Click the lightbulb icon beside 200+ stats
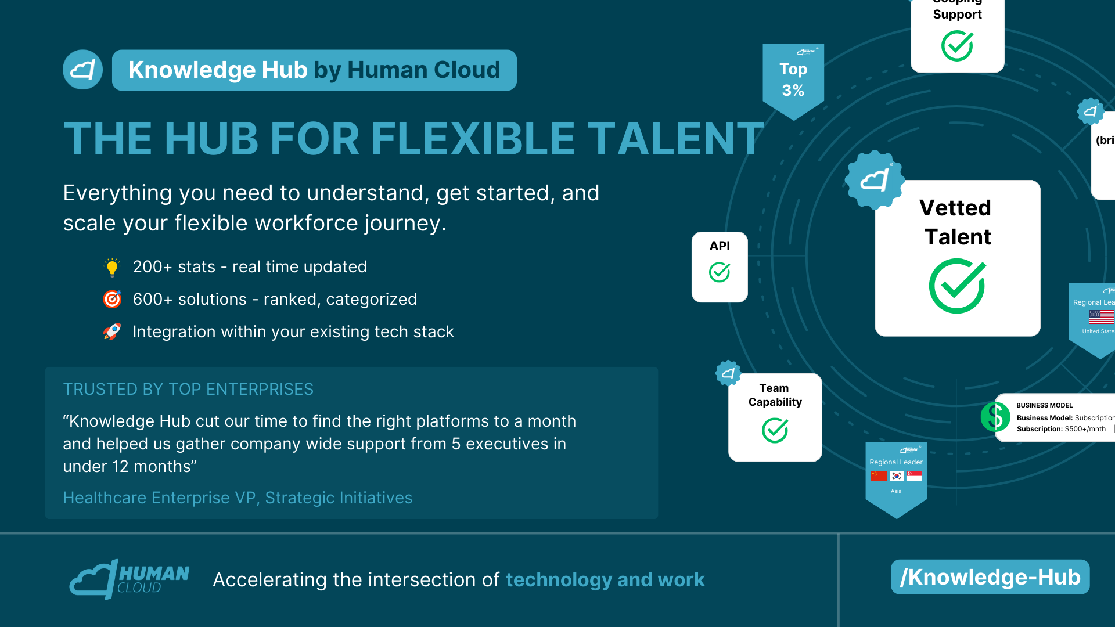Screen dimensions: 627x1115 pyautogui.click(x=112, y=267)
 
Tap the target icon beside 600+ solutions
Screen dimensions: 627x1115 pyautogui.click(x=112, y=299)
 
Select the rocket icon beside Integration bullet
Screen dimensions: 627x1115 pyautogui.click(x=112, y=331)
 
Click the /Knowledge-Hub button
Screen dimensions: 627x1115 pyautogui.click(x=990, y=577)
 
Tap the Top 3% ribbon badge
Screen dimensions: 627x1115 pyautogui.click(x=793, y=80)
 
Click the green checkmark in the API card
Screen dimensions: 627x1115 pyautogui.click(x=719, y=272)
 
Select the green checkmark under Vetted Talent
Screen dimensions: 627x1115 pyautogui.click(x=957, y=286)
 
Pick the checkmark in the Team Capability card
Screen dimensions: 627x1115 pyautogui.click(x=775, y=430)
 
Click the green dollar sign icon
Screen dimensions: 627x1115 pyautogui.click(x=995, y=417)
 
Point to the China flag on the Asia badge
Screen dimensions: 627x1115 pyautogui.click(x=879, y=476)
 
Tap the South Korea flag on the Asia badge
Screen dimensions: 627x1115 pyautogui.click(x=897, y=476)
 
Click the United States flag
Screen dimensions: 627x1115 pyautogui.click(x=1101, y=316)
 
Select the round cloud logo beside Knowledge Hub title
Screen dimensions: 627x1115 pyautogui.click(x=82, y=70)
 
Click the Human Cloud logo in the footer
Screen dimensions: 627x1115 pyautogui.click(x=129, y=579)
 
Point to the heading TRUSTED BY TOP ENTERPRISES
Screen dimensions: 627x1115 pyautogui.click(x=188, y=389)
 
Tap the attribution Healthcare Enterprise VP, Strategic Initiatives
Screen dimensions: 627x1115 pyautogui.click(x=238, y=498)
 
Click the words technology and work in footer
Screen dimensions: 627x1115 pyautogui.click(x=605, y=579)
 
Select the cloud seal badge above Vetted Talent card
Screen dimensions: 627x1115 pyautogui.click(x=874, y=180)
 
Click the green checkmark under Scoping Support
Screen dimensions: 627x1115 pyautogui.click(x=957, y=46)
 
